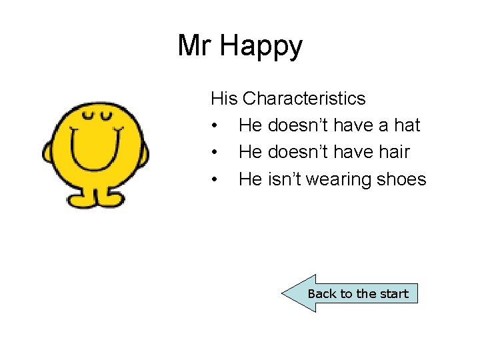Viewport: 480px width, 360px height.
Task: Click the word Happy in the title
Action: [261, 47]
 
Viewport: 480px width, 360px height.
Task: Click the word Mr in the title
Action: [195, 45]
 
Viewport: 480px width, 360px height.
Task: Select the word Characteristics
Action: [304, 99]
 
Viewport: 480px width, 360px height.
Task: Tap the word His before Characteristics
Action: [224, 99]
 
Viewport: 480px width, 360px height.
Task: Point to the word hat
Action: [404, 125]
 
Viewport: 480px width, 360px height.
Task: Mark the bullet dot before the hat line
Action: [213, 126]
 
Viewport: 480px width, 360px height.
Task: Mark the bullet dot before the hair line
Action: [213, 153]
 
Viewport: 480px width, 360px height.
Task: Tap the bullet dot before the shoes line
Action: [213, 180]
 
